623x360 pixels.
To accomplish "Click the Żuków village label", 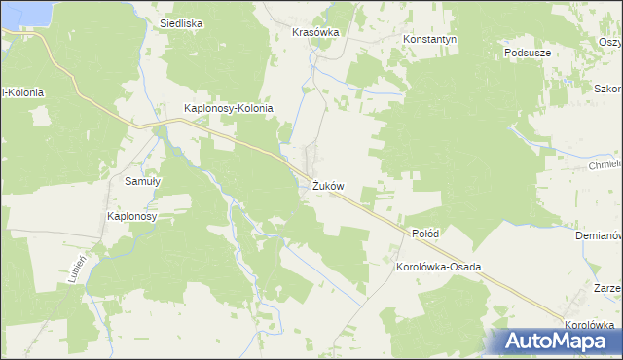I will pos(328,186).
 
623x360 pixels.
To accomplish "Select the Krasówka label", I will pos(315,32).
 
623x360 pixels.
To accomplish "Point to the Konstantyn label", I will pos(430,40).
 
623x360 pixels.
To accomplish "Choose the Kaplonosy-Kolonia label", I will pos(230,109).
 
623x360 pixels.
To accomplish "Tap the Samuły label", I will pos(142,181).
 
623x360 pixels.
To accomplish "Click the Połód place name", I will pos(425,234).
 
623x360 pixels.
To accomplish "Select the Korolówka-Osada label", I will pos(439,266).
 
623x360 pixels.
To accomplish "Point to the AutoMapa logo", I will pos(555,342).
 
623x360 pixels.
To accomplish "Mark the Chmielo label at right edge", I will pos(604,164).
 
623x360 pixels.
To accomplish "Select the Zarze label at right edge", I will pos(606,289).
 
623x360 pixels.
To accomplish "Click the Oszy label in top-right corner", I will pos(609,41).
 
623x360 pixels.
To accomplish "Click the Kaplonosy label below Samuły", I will pos(132,216).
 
